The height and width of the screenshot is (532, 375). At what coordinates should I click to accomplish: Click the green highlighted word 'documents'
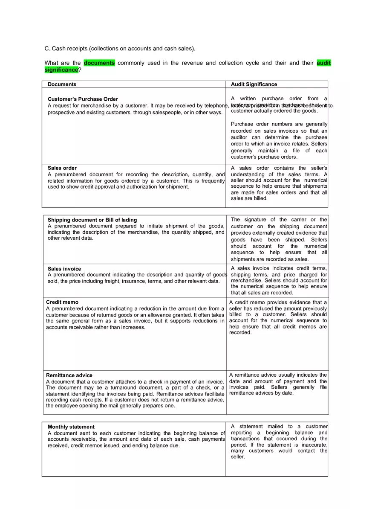pos(99,63)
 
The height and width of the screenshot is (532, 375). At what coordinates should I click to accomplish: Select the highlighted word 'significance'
pos(61,70)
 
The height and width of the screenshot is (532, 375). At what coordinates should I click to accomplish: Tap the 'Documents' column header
pos(62,84)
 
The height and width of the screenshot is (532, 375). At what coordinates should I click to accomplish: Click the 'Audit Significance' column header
pos(254,84)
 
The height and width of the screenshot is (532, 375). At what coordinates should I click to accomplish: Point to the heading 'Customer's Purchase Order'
pos(83,99)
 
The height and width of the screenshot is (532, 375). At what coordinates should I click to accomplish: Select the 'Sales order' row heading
pos(62,168)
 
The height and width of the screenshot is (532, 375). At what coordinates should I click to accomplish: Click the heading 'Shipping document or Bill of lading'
pos(92,220)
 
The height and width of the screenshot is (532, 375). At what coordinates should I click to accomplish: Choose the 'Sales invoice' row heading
pos(64,269)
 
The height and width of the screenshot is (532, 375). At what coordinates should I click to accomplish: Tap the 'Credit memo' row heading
pos(62,302)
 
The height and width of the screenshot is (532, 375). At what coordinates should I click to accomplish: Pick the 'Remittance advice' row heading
pos(69,375)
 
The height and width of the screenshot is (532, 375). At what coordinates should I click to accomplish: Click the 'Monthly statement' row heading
pos(71,427)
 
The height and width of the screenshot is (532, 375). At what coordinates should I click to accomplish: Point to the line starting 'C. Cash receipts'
pos(120,49)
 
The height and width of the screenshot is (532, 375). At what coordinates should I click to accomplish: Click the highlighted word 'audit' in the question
pos(323,63)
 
